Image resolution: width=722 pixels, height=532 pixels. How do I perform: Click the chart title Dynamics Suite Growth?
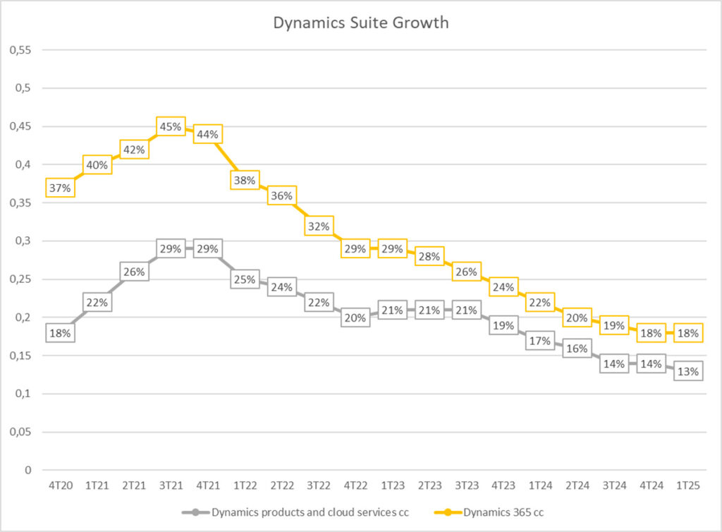point(360,23)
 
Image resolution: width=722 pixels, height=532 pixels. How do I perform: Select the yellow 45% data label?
point(171,127)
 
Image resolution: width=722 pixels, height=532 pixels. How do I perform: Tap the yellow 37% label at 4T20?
point(60,188)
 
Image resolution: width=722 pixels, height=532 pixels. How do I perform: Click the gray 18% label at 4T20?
point(60,333)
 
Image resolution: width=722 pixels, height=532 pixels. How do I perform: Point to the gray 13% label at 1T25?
point(687,371)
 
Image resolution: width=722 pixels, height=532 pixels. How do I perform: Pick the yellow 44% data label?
point(207,134)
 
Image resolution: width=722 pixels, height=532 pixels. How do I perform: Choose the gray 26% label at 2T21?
point(134,272)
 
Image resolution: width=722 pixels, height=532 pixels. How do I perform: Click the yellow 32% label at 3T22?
point(318,226)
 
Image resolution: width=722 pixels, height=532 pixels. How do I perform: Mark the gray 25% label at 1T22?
point(244,279)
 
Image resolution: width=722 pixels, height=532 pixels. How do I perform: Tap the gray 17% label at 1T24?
point(540,341)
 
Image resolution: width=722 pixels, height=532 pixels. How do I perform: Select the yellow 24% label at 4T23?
point(503,287)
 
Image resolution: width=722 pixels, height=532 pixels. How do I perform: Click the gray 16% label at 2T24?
point(577,349)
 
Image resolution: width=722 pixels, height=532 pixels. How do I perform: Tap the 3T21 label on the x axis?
point(171,486)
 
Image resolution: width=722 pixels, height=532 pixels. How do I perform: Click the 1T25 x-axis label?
point(687,486)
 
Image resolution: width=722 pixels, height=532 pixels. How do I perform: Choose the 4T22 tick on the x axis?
point(355,486)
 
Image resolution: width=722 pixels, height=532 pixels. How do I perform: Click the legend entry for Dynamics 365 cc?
point(503,512)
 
